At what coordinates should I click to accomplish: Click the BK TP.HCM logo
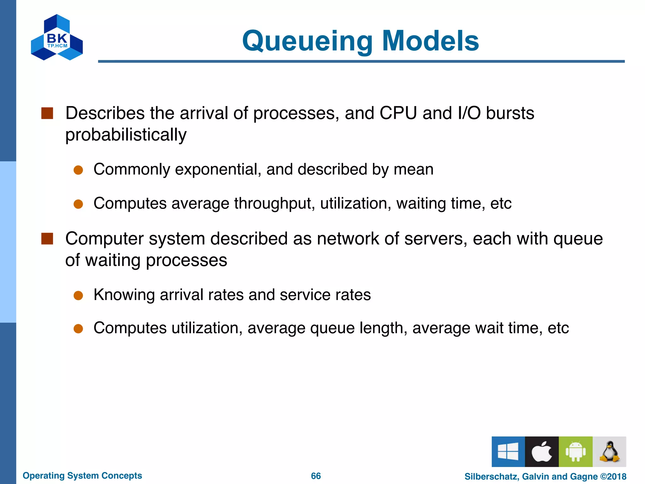[x=57, y=38]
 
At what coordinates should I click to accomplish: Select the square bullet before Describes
[x=47, y=113]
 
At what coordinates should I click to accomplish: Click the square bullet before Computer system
[x=47, y=239]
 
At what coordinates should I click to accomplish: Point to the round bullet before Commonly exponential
[x=78, y=170]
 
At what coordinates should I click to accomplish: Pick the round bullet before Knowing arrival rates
[x=78, y=295]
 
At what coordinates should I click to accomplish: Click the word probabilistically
[x=126, y=135]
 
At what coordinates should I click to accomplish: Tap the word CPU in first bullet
[x=398, y=113]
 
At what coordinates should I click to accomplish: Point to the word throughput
[x=274, y=204]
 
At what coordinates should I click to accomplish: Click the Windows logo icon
[x=508, y=451]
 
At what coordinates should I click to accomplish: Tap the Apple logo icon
[x=542, y=451]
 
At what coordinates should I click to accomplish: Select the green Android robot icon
[x=575, y=451]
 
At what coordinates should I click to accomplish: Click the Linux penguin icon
[x=609, y=451]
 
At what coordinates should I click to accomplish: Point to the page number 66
[x=316, y=476]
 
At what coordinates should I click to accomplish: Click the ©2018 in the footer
[x=613, y=476]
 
